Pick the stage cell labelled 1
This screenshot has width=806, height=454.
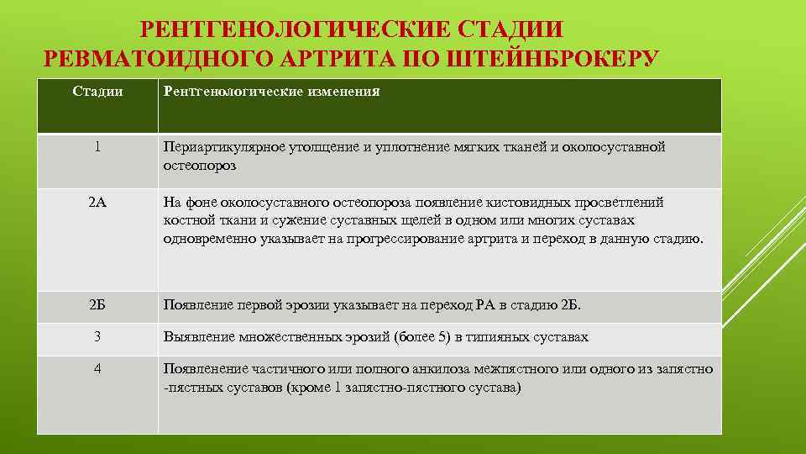point(97,147)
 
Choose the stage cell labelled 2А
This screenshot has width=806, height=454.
point(97,202)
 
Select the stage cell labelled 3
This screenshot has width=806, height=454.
point(97,336)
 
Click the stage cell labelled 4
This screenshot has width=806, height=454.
point(97,368)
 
